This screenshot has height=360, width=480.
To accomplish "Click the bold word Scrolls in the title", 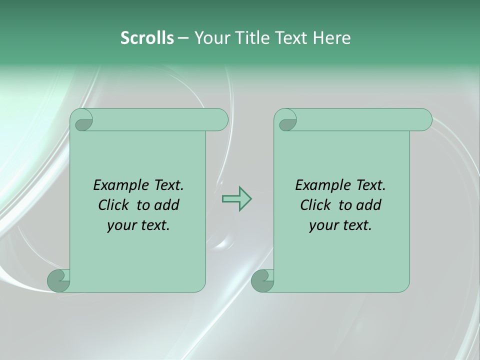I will [147, 38].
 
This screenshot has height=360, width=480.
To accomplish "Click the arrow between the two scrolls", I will [236, 199].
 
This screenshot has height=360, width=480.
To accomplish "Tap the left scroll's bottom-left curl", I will [59, 280].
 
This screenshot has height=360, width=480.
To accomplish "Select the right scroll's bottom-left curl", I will [263, 280].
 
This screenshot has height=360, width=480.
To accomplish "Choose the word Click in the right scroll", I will [315, 205].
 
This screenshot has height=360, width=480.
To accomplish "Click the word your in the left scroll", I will [121, 225].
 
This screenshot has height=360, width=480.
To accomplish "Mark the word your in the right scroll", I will [323, 225].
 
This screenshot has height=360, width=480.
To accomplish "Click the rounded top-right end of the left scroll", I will [220, 120].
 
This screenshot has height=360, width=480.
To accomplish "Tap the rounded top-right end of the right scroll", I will [424, 120].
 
